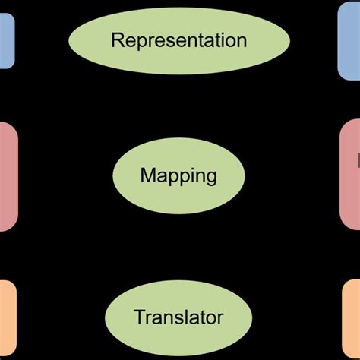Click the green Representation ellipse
[179, 41]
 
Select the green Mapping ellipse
[178, 176]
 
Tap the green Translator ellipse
[178, 316]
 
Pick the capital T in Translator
[138, 316]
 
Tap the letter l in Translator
[189, 316]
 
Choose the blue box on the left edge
[6, 41]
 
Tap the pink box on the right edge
[350, 176]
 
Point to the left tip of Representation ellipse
[70, 41]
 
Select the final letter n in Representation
[242, 41]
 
